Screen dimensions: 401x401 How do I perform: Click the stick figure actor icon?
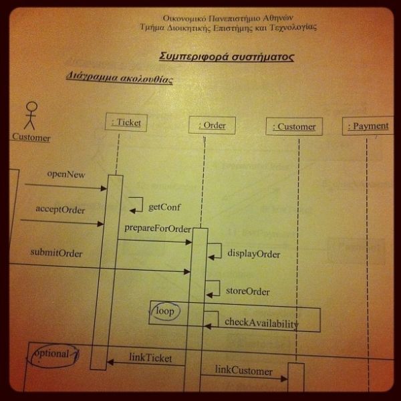click(30, 115)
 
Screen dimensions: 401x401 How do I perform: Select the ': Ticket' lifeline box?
click(126, 122)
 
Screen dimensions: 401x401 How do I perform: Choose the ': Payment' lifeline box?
click(368, 126)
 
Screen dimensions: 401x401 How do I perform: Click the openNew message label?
click(66, 174)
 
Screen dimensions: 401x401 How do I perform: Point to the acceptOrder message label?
click(60, 210)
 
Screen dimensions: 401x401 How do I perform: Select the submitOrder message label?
click(56, 253)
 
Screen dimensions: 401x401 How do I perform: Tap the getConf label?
click(164, 207)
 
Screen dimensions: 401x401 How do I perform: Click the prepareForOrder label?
click(158, 229)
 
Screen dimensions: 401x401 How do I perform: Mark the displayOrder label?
click(253, 254)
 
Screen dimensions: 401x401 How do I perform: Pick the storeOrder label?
click(248, 291)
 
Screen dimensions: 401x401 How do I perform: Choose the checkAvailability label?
click(261, 323)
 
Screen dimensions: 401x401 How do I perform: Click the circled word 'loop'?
click(164, 311)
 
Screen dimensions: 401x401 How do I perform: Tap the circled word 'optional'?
click(52, 354)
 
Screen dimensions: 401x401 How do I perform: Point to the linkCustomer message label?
click(244, 371)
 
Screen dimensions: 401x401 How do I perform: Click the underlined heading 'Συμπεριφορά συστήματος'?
click(227, 57)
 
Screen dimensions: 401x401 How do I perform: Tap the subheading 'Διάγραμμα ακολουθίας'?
click(120, 78)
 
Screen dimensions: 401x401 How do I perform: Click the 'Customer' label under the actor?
click(31, 138)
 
